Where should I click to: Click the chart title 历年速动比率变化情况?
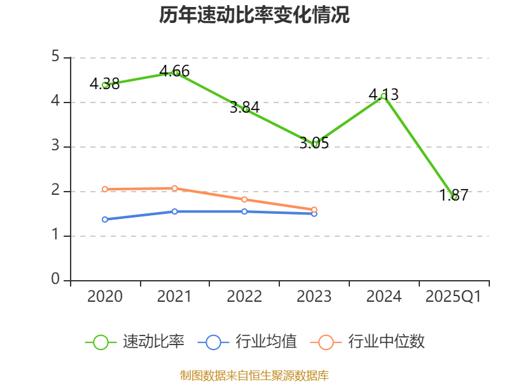(x=254, y=15)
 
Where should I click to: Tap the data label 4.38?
(x=105, y=83)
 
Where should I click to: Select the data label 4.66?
(x=174, y=71)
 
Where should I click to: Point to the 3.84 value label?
(x=244, y=108)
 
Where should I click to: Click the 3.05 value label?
(x=314, y=143)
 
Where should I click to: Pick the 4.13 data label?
(x=384, y=95)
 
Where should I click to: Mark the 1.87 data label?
(x=454, y=195)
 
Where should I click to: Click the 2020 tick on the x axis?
(x=105, y=296)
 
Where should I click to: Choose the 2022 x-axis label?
(x=244, y=296)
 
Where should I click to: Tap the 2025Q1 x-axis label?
(x=454, y=296)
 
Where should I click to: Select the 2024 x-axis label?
(x=384, y=296)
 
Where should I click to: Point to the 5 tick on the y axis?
(x=56, y=57)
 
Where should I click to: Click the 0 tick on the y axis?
(x=56, y=280)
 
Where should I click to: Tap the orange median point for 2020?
(x=105, y=189)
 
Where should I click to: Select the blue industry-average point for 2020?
(x=105, y=220)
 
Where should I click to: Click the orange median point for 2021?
(x=174, y=188)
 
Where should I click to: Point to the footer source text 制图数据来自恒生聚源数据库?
(x=254, y=375)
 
